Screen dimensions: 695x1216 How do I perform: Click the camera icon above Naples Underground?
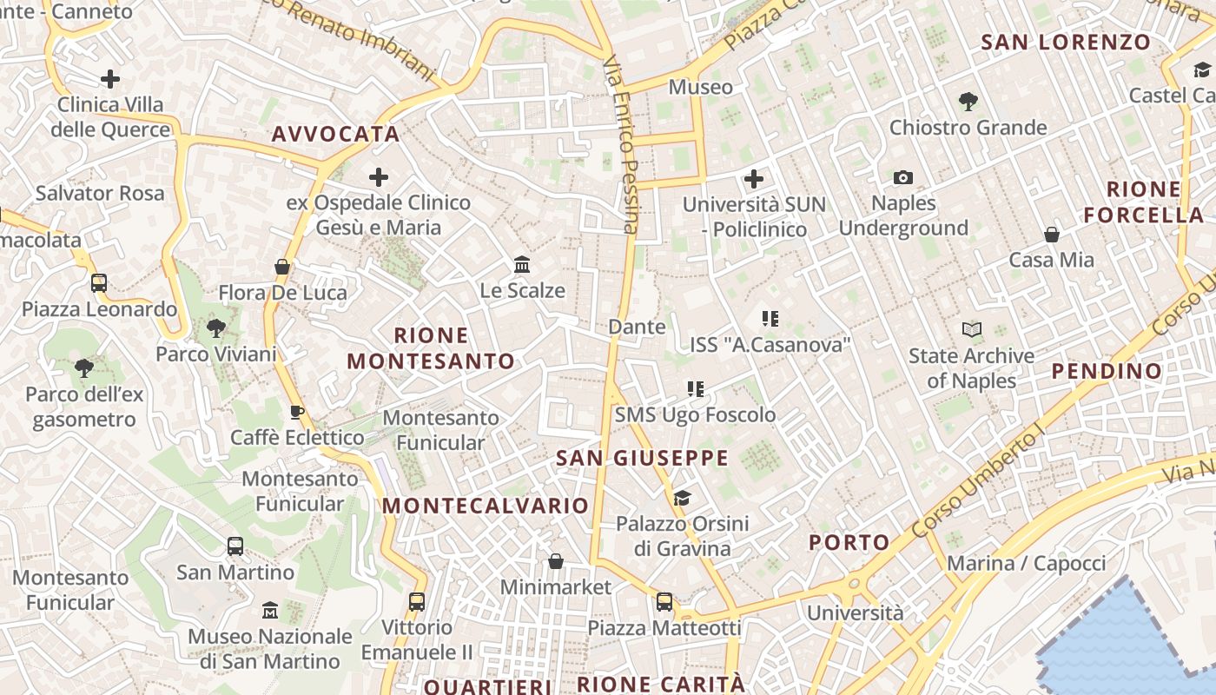[903, 178]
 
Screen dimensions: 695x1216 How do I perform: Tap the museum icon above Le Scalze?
[522, 264]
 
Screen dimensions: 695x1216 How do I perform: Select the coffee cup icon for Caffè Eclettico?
[297, 412]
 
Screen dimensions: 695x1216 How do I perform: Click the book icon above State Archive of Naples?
[971, 330]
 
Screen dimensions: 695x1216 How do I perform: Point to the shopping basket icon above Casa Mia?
[1051, 235]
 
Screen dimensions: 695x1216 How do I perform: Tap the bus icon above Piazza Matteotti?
[664, 601]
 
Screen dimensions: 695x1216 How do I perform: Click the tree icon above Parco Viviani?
[216, 328]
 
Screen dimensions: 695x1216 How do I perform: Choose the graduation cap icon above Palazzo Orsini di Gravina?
[682, 498]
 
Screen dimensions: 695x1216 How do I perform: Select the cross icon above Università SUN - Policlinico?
[754, 179]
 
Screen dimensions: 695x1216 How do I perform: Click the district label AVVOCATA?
[335, 135]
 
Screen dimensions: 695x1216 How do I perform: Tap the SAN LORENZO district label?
[1066, 42]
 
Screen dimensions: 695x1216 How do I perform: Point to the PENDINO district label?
[1107, 372]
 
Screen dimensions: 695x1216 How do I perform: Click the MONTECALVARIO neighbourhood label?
[486, 506]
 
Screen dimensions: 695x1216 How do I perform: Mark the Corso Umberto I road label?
[977, 483]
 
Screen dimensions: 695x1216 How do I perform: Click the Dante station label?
[637, 328]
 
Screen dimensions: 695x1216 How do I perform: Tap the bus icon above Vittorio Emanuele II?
[417, 601]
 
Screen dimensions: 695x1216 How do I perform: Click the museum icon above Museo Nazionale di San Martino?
[270, 611]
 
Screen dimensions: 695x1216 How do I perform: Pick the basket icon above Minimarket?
[556, 561]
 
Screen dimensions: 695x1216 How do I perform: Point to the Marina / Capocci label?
[1027, 564]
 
